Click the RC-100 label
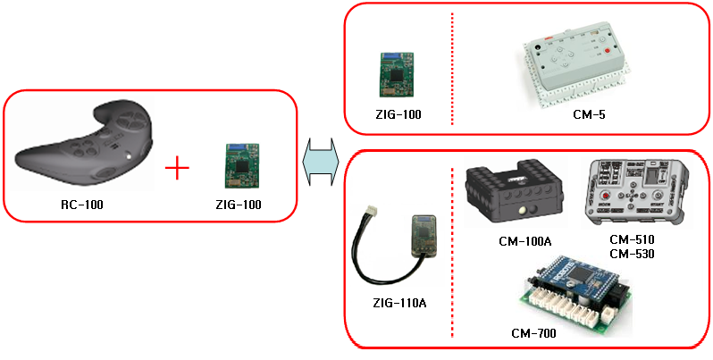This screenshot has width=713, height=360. tap(81, 205)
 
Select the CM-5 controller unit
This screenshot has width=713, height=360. tap(575, 63)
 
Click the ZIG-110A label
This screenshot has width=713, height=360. tap(398, 303)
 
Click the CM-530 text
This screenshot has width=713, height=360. tap(632, 254)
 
